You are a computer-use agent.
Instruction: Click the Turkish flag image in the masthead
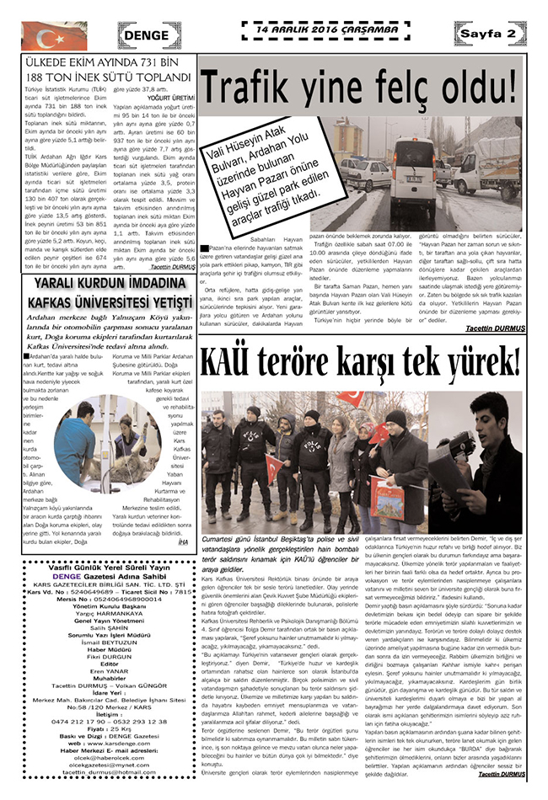43,36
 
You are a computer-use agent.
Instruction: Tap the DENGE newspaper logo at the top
151,35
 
